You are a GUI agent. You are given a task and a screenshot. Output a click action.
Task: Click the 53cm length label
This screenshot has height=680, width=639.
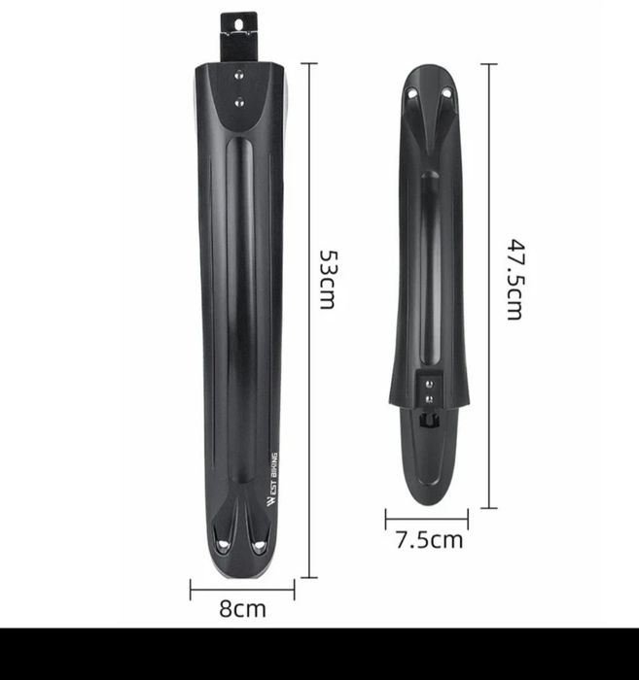(x=328, y=280)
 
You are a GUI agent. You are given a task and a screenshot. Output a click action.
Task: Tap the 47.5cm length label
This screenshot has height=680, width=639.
(x=516, y=280)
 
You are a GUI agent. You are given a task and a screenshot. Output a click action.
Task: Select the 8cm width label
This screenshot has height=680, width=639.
(x=242, y=609)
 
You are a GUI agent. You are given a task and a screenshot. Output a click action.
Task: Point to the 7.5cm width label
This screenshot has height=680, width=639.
(x=429, y=540)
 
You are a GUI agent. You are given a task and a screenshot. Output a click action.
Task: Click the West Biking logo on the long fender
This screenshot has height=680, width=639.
(x=272, y=479)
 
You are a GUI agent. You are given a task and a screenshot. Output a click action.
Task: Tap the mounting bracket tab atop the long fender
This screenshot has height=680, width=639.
(x=238, y=37)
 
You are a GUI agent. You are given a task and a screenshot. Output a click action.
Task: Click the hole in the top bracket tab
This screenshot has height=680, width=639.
(x=238, y=25)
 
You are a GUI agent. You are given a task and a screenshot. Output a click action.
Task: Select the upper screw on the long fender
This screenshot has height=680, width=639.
(x=238, y=76)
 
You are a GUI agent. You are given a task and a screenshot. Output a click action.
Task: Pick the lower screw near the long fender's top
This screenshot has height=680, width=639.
(x=238, y=103)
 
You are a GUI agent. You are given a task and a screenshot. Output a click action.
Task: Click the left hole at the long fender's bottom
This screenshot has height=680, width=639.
(x=223, y=545)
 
